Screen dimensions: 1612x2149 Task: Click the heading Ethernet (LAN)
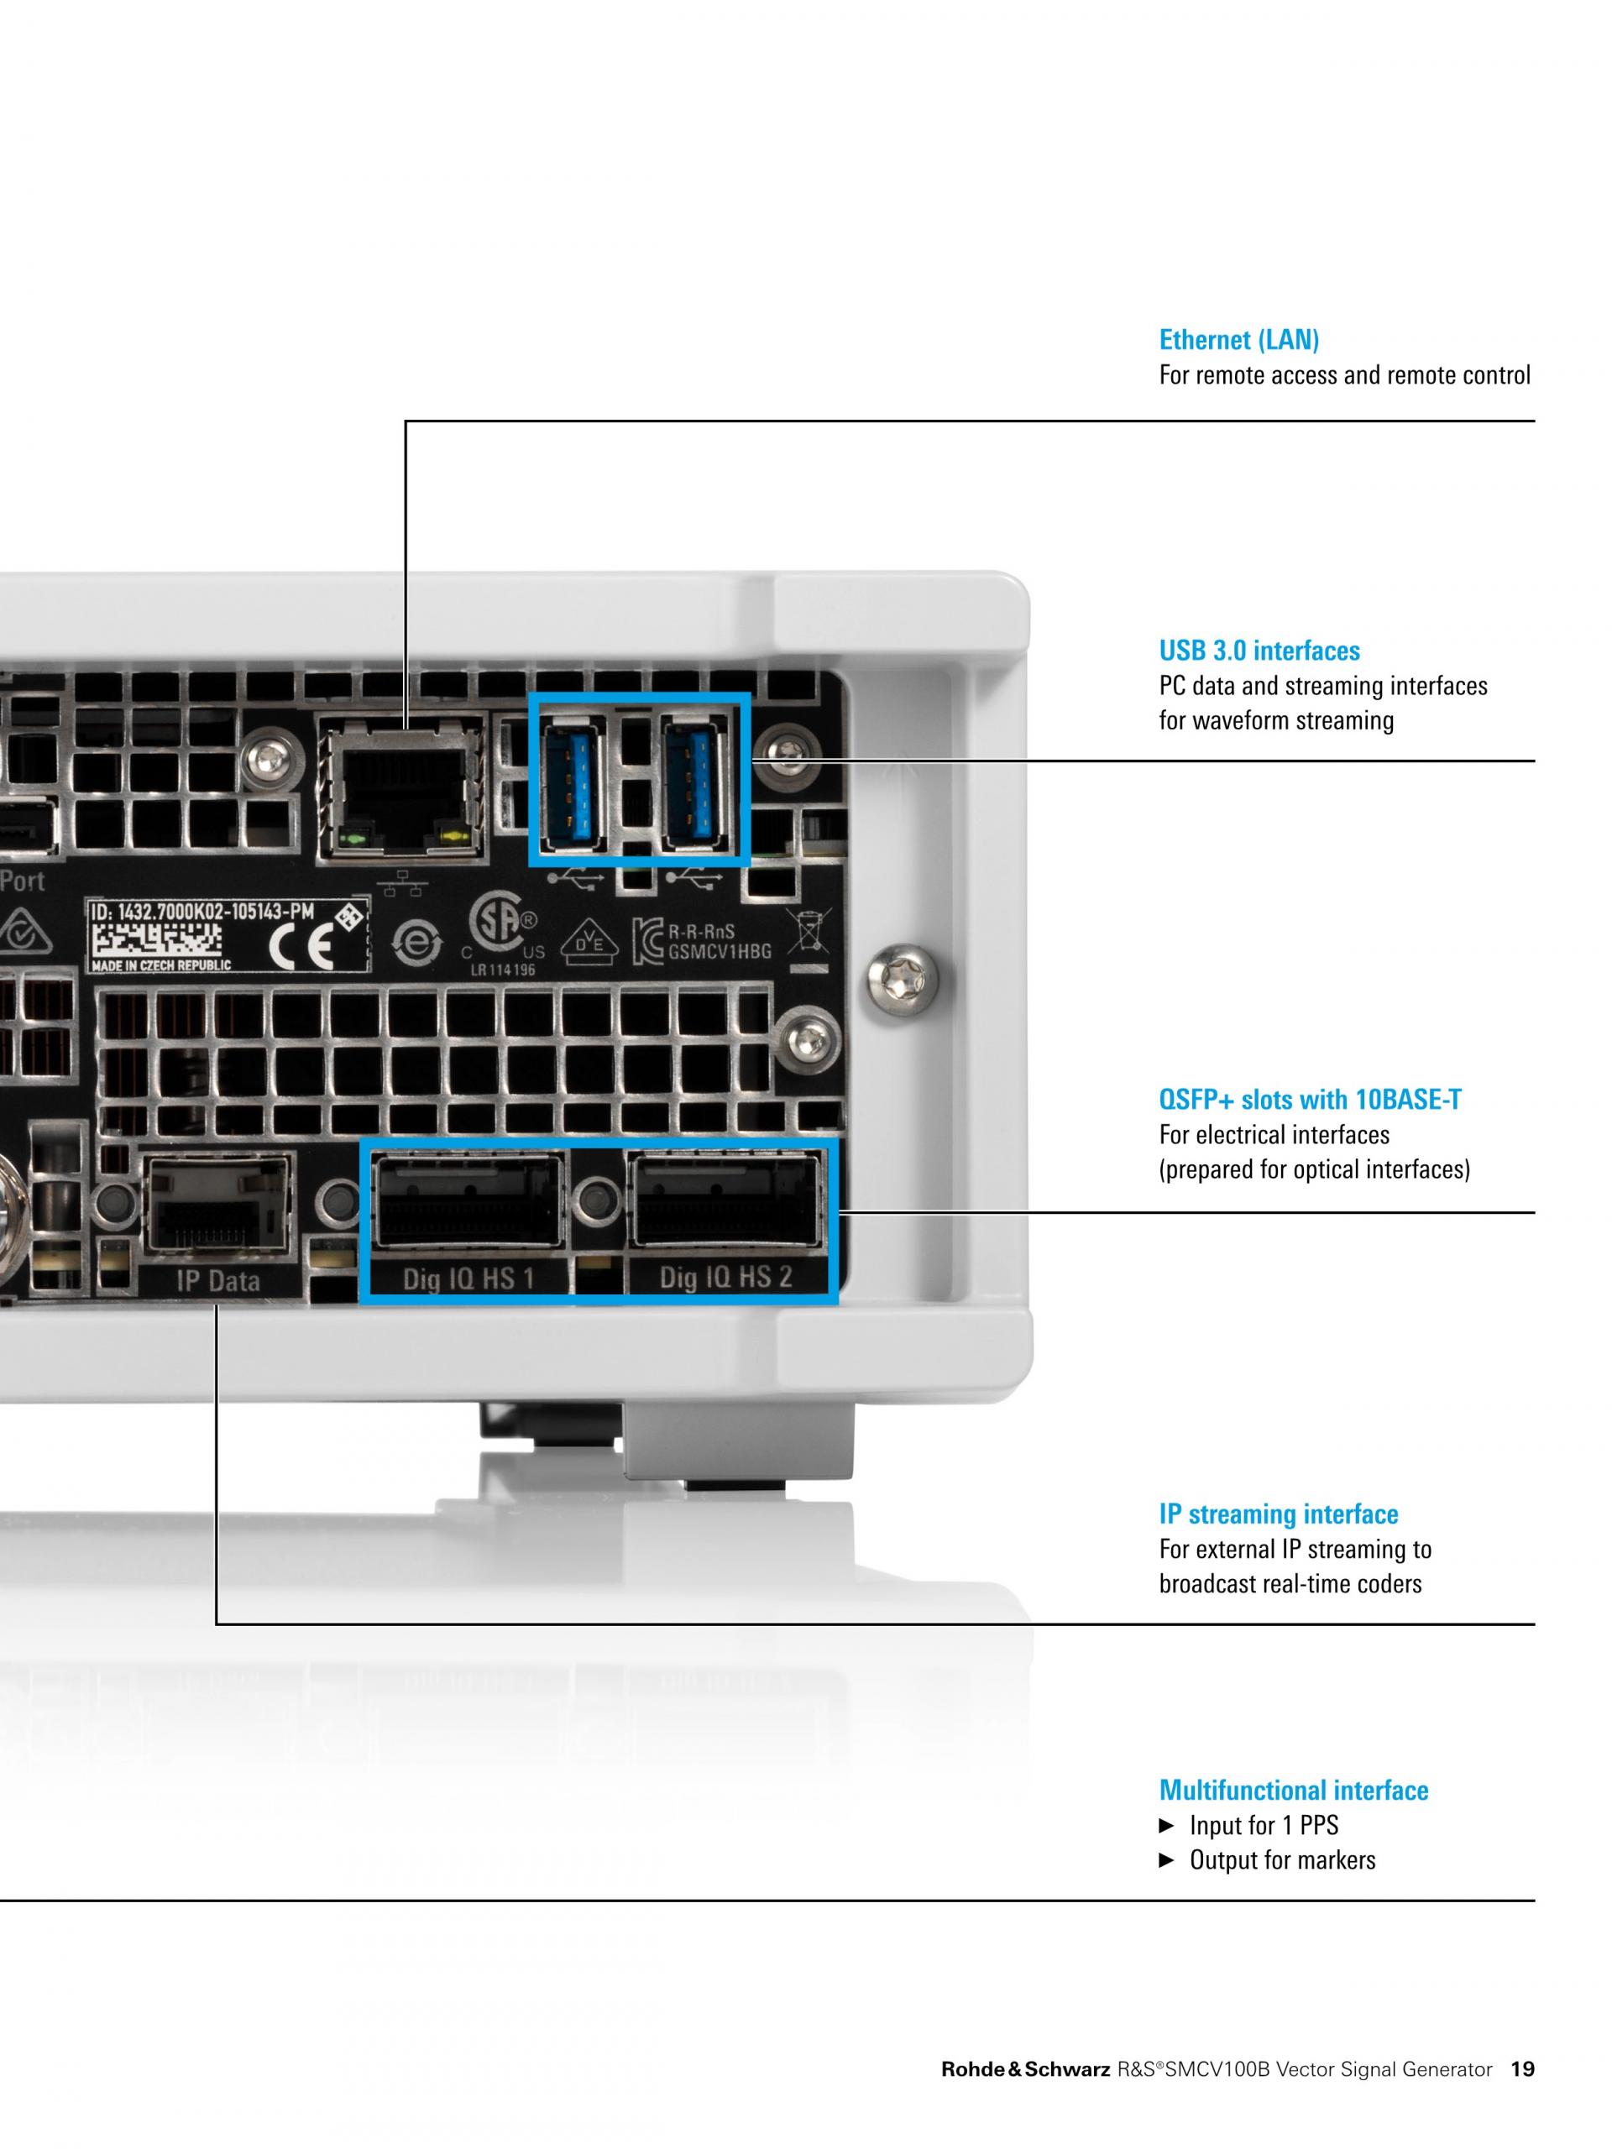tap(1239, 340)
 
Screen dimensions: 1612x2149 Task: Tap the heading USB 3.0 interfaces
tap(1259, 650)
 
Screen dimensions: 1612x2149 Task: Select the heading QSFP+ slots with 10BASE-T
tap(1310, 1099)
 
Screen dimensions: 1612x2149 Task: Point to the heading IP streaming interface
tap(1278, 1514)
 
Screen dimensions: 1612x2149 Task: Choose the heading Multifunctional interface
tap(1293, 1790)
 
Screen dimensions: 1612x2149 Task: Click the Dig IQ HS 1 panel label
tap(468, 1278)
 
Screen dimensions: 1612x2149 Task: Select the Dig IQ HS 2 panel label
tap(726, 1277)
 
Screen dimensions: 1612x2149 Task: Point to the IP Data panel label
tap(218, 1280)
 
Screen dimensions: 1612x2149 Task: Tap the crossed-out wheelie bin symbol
tap(809, 931)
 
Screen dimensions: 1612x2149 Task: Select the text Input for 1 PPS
tap(1264, 1826)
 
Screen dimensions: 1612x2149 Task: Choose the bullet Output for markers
tap(1267, 1860)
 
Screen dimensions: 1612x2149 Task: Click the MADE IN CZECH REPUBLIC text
tap(160, 965)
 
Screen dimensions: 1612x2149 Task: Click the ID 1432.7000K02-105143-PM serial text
tap(202, 912)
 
